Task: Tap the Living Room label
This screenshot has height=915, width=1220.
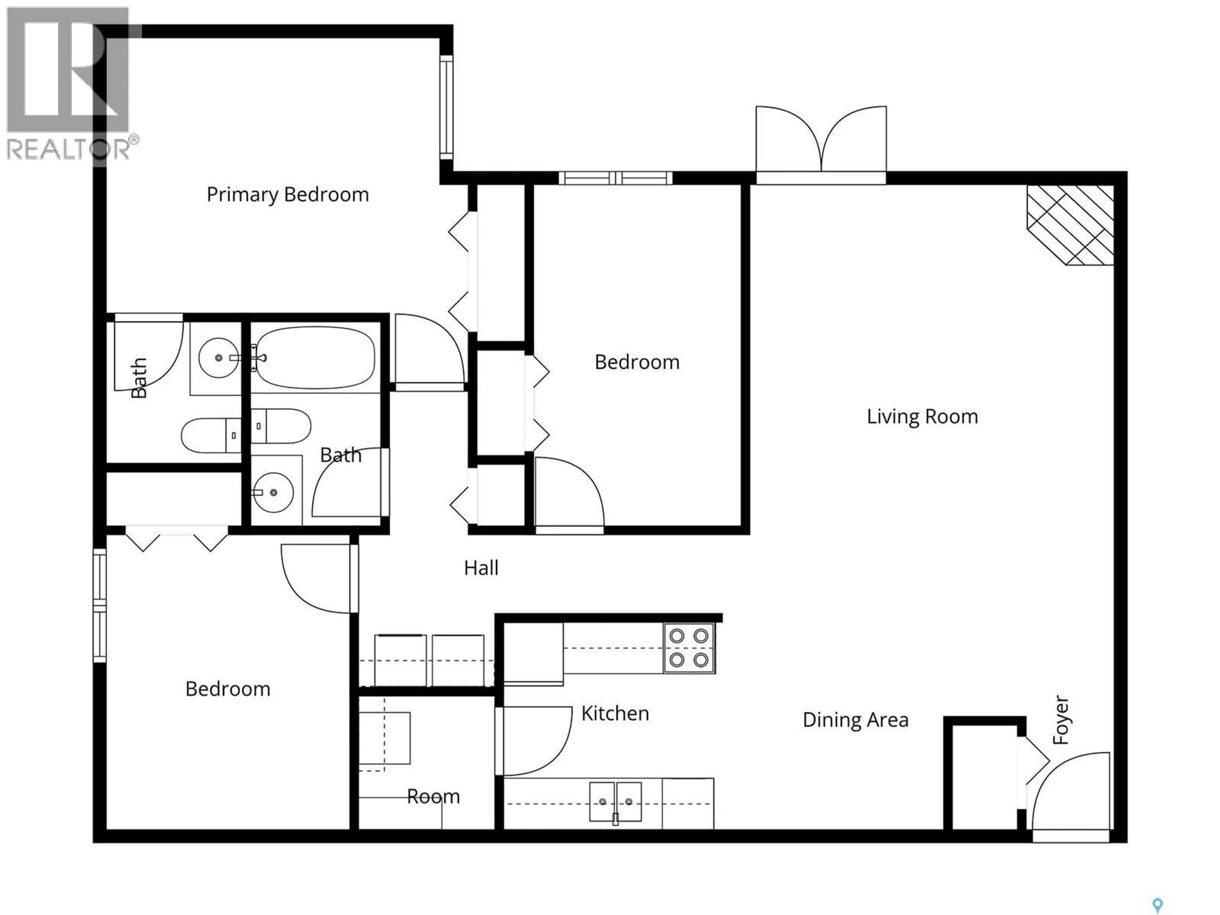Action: click(x=922, y=417)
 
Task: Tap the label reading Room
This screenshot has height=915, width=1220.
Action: click(x=433, y=797)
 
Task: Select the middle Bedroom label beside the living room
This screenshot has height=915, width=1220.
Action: click(x=637, y=363)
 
